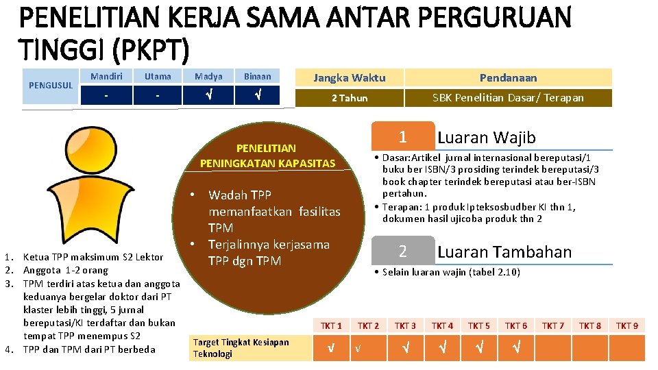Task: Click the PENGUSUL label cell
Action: [51, 86]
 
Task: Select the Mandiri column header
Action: [106, 77]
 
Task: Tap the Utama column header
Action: [158, 77]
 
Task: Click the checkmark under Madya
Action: [208, 95]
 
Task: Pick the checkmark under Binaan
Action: [258, 95]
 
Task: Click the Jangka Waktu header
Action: [350, 77]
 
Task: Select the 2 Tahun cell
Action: [350, 98]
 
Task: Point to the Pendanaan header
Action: [508, 77]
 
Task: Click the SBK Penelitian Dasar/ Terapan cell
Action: [508, 98]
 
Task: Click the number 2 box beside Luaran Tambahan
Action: [403, 251]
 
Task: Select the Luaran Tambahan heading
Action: [504, 251]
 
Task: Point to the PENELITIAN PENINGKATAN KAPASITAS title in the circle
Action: [267, 156]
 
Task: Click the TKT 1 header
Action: [331, 325]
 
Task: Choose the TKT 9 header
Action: [626, 325]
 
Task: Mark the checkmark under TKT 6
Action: [515, 347]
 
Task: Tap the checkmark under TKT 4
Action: [442, 347]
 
